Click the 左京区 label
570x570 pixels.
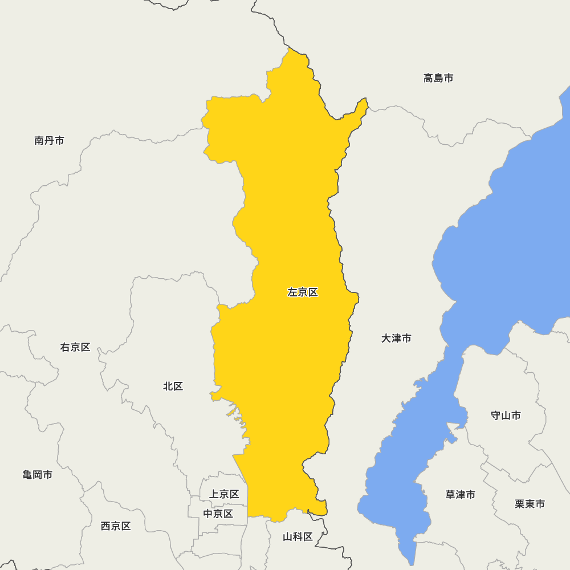coord(303,292)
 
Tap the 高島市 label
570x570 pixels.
coord(438,78)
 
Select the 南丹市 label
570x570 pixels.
coord(49,140)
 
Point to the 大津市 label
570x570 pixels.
coord(396,338)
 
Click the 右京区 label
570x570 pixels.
coord(75,347)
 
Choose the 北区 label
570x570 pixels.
coord(173,386)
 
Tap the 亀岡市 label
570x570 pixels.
coord(38,474)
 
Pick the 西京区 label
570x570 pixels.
coord(116,526)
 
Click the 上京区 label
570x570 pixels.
coord(224,494)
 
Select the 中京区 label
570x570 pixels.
coord(218,514)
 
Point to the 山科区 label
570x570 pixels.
coord(298,536)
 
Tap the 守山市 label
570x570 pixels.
coord(506,415)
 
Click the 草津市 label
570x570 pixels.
coord(460,494)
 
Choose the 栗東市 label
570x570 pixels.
coord(530,504)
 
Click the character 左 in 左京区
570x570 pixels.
coord(292,292)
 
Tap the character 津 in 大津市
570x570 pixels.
coord(396,338)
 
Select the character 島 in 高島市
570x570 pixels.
coord(438,78)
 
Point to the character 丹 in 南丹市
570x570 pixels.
coord(49,140)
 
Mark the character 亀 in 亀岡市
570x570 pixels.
coord(27,474)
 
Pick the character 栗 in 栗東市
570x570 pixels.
coord(520,504)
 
